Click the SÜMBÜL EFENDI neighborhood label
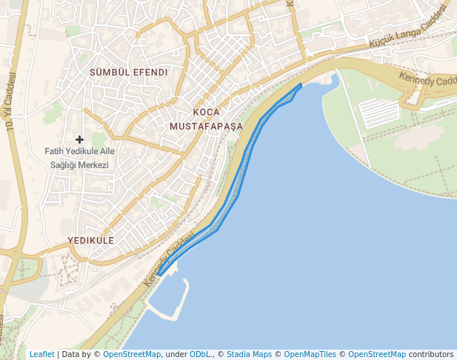point(128,73)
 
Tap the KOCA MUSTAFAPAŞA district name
point(206,119)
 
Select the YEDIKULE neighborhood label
point(90,241)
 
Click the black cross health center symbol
point(79,139)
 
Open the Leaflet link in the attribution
point(41,354)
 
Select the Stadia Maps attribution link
point(249,354)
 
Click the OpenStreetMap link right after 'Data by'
point(132,354)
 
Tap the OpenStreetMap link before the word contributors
point(377,354)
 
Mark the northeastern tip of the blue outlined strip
point(300,84)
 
